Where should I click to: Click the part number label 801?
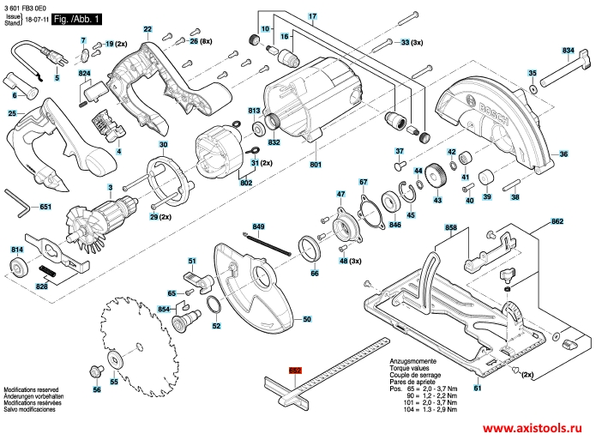(315, 164)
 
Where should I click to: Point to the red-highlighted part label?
(295, 370)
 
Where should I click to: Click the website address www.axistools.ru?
(533, 427)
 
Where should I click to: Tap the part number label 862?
(557, 222)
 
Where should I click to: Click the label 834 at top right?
(567, 51)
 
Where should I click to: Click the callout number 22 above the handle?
(147, 29)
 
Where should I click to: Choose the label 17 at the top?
(312, 17)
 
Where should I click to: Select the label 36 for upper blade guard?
(563, 154)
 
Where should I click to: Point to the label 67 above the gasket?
(363, 182)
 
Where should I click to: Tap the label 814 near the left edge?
(15, 249)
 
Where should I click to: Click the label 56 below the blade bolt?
(96, 390)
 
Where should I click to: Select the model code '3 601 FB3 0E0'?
(26, 6)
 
